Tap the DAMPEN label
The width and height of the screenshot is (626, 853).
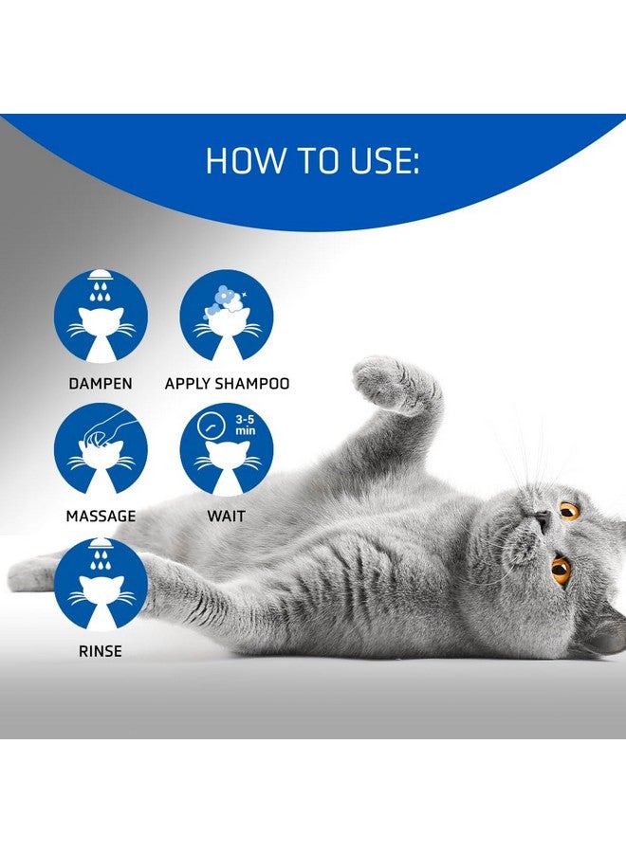(x=101, y=384)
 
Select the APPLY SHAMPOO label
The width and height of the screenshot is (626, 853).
(x=227, y=384)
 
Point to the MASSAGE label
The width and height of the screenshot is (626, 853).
(x=101, y=517)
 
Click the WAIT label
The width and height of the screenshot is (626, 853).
(x=226, y=517)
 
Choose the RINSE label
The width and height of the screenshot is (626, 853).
(x=101, y=651)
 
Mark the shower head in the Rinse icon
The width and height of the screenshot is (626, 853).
(x=101, y=544)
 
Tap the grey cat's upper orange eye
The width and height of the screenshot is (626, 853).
(x=569, y=511)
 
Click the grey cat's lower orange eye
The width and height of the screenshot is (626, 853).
(x=562, y=570)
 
